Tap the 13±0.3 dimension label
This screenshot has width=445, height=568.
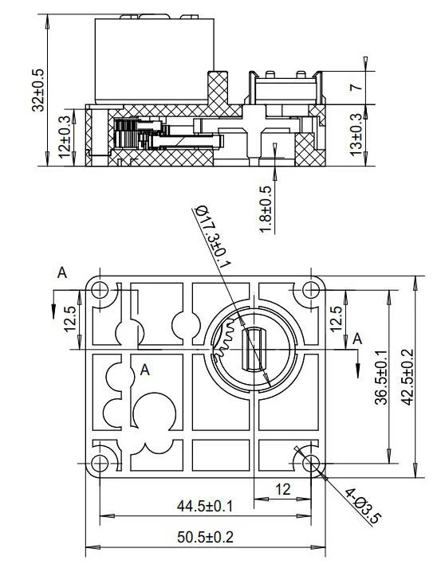click(356, 133)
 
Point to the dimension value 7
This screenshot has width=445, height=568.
click(356, 80)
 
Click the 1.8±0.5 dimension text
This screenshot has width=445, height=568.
click(266, 210)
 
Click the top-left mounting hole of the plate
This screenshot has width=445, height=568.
click(100, 291)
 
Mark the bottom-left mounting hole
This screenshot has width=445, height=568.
click(100, 463)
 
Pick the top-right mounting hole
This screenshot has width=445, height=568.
click(309, 291)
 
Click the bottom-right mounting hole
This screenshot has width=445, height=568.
click(309, 463)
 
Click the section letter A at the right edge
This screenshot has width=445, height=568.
click(357, 339)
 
